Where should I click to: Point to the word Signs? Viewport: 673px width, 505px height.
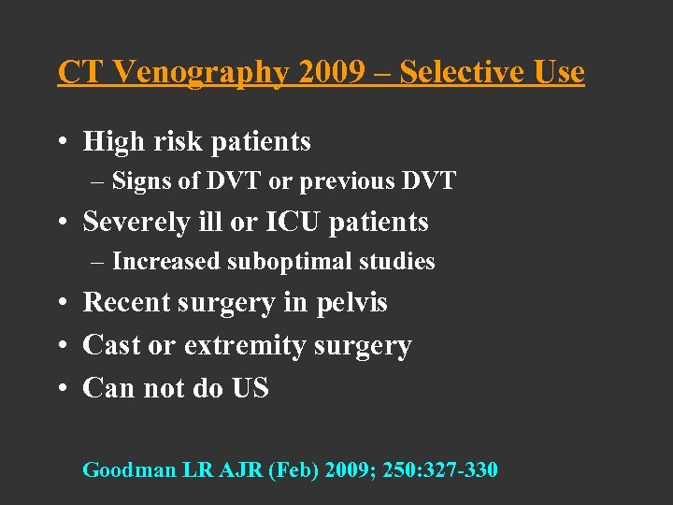tap(142, 181)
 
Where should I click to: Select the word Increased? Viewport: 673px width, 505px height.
tap(167, 262)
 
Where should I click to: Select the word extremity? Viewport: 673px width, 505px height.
tap(245, 346)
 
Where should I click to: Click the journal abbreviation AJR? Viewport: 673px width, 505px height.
tap(241, 469)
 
